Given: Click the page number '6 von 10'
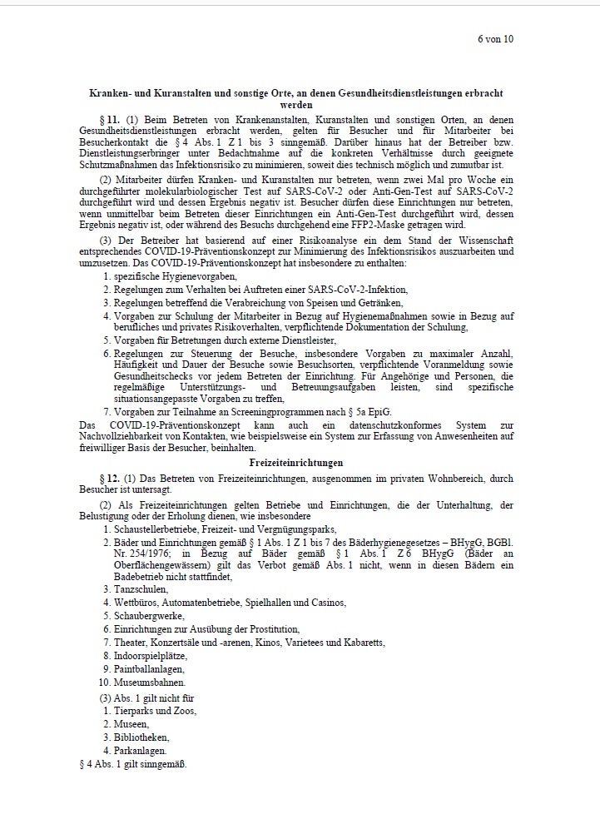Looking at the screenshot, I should (x=495, y=38).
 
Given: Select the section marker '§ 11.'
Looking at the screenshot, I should (x=111, y=120).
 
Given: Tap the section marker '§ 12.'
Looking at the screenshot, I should (x=111, y=479).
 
